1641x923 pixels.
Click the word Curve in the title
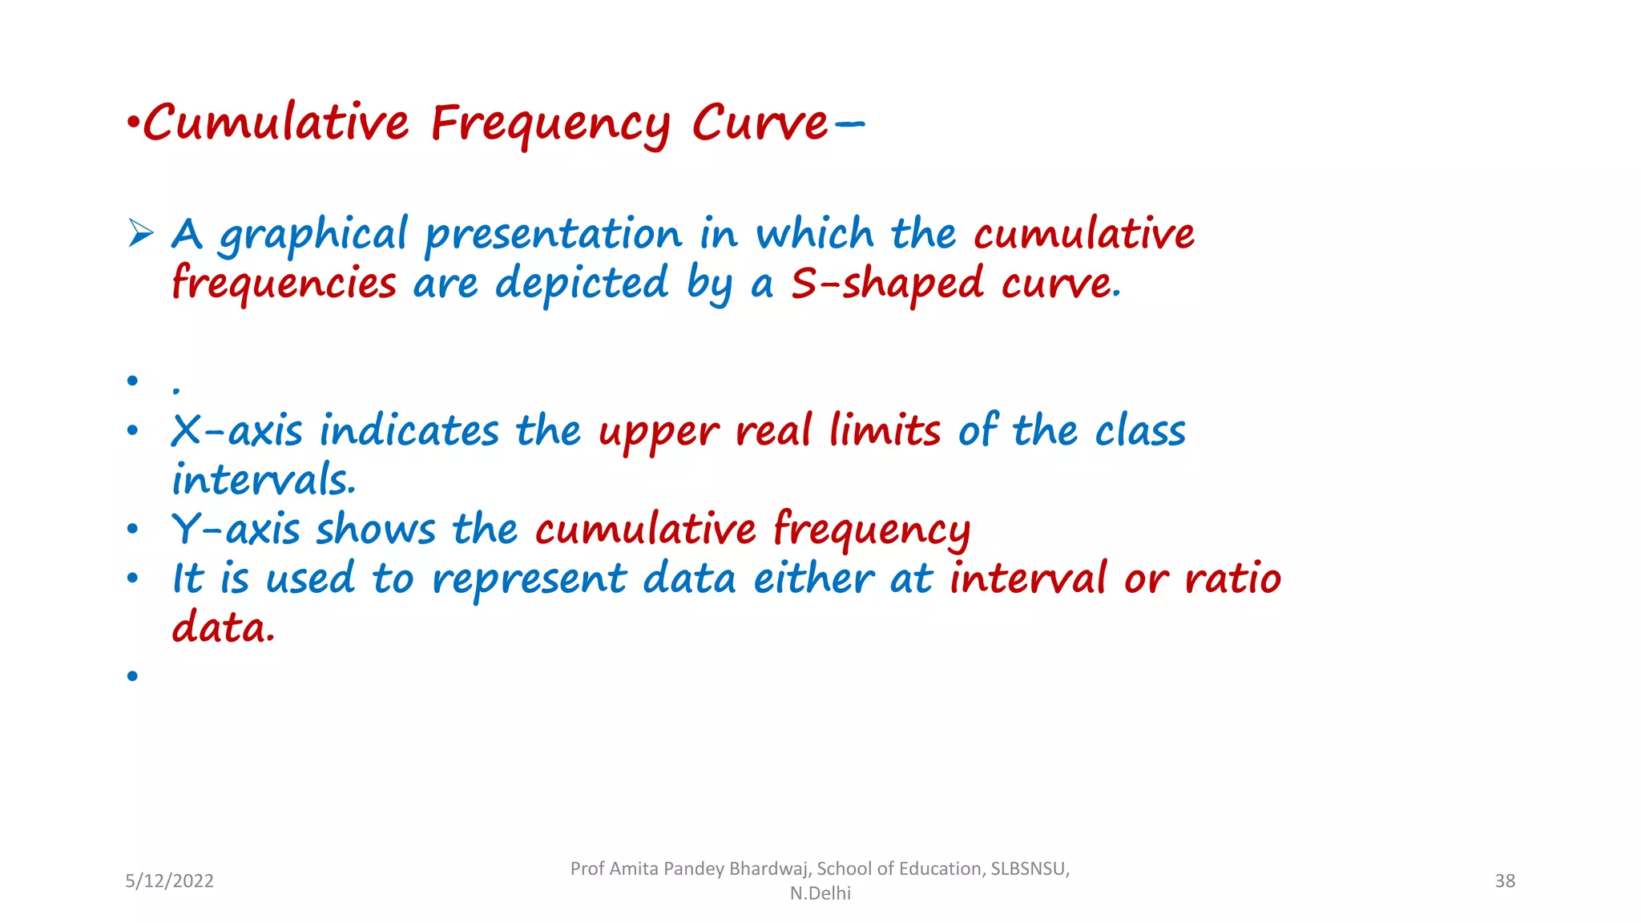(759, 124)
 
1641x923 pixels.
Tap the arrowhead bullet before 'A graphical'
(141, 233)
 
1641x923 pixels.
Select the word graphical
(313, 236)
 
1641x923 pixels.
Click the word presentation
(553, 236)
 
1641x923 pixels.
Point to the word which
(815, 234)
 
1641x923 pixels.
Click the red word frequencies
(284, 284)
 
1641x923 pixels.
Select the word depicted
(581, 284)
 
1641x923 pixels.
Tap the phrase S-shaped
(887, 284)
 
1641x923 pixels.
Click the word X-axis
(237, 431)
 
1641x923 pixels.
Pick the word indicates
(409, 431)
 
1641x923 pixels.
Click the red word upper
(659, 433)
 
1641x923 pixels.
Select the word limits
(885, 431)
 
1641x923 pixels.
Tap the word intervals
(263, 480)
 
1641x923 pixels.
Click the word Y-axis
(236, 530)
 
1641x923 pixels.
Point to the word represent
(529, 580)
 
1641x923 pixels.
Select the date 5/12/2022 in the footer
(169, 881)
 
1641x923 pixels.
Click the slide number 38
(1505, 881)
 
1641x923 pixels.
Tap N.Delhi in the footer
(820, 893)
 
